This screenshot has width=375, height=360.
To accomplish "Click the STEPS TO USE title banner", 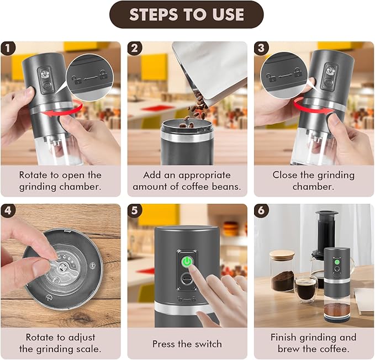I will (x=187, y=15).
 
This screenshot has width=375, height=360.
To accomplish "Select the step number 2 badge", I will (x=134, y=48).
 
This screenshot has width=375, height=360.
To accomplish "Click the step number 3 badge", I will (x=261, y=48).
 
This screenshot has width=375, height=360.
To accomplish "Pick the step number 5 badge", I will (x=134, y=210).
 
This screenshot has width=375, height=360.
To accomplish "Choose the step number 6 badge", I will (x=261, y=210).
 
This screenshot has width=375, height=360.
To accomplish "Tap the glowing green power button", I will (x=187, y=261).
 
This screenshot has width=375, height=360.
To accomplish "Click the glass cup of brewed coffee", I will (x=305, y=287).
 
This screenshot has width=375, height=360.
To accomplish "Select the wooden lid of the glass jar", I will (x=282, y=255).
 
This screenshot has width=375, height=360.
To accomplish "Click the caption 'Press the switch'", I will (x=187, y=343).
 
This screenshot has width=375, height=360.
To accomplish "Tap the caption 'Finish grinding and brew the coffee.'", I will (x=313, y=343).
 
